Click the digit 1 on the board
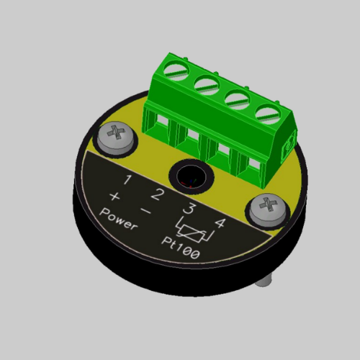pos(127,180)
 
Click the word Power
pos(120,219)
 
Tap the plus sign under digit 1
pos(114,197)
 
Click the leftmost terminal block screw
pos(175,71)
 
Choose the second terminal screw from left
pos(205,83)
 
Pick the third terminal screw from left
pos(235,96)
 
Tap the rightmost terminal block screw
pos(266,112)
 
